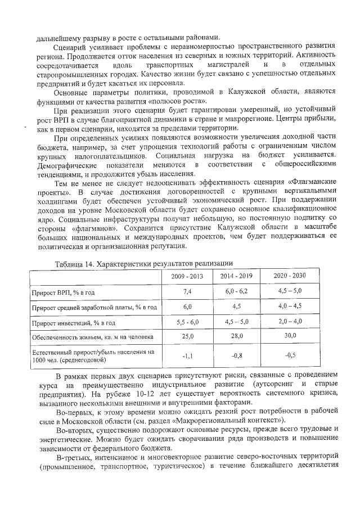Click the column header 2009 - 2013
[188, 277]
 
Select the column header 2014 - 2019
[236, 277]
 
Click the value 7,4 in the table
[188, 292]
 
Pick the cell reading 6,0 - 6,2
[236, 292]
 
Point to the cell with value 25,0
[188, 336]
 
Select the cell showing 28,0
[236, 336]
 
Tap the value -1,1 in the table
[188, 355]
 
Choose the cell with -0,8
[236, 355]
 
